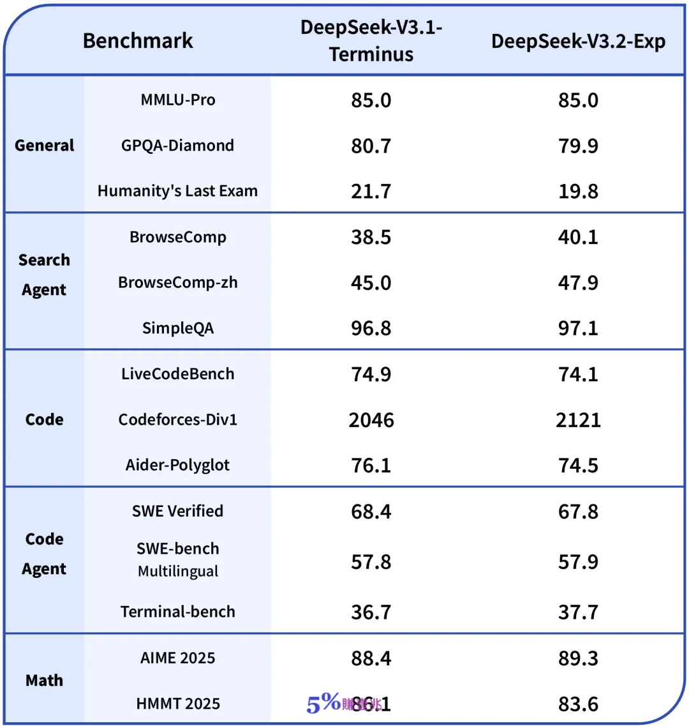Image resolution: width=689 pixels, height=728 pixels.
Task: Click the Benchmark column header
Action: click(138, 41)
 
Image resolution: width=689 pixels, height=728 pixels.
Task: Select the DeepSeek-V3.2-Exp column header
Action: click(578, 42)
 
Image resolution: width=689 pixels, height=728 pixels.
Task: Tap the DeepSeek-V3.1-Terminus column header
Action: click(371, 42)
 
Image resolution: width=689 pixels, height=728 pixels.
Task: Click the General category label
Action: click(45, 146)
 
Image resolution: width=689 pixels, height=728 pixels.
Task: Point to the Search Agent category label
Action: click(44, 275)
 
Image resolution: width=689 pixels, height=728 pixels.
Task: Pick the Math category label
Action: click(44, 681)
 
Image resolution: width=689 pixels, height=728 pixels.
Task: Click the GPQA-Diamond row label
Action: click(177, 146)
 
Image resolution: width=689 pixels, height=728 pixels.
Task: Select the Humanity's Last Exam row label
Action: click(177, 191)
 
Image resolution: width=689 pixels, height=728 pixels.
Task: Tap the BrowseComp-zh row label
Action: click(177, 283)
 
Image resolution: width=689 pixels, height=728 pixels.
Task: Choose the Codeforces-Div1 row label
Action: click(177, 420)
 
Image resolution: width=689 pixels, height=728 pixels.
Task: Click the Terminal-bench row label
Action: click(177, 612)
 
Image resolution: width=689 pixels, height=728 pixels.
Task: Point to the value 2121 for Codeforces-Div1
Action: click(578, 420)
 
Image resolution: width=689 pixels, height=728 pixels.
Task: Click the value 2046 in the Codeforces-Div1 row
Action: click(371, 420)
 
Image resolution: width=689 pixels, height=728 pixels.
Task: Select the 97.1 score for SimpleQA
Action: click(578, 329)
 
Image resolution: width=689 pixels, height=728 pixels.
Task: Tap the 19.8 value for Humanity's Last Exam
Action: click(578, 192)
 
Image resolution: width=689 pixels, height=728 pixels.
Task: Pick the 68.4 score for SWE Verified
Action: click(371, 512)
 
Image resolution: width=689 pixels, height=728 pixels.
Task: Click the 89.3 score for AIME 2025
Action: click(578, 658)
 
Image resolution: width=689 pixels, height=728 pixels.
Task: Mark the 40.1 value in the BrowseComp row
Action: click(578, 238)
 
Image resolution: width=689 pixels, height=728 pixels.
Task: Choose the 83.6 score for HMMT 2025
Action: click(578, 704)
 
